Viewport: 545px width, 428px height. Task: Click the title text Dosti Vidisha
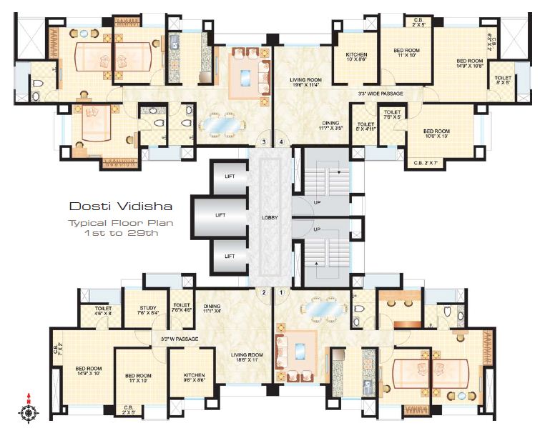pos(121,206)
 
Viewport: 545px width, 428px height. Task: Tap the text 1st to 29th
pos(121,232)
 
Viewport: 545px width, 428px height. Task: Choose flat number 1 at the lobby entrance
pos(281,292)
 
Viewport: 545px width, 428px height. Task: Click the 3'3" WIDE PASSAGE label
pos(380,94)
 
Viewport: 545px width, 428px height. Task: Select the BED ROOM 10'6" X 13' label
pos(436,134)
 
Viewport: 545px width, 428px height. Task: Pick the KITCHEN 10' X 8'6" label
pos(356,58)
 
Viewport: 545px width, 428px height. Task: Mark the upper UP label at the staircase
pos(317,202)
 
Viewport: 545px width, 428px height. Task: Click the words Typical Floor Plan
pos(121,222)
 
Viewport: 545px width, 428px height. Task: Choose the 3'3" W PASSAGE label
pos(179,338)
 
